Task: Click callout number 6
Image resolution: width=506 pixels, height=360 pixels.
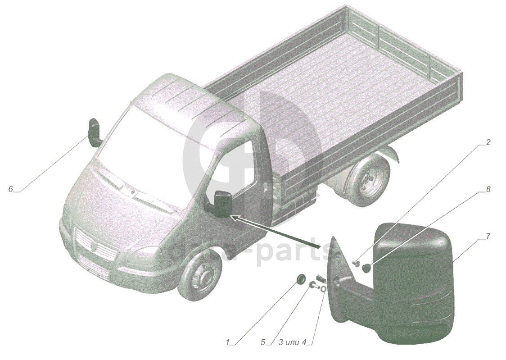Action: [x=10, y=189]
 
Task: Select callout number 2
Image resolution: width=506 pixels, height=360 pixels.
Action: [x=488, y=142]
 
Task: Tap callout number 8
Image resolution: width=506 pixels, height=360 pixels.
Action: [x=488, y=190]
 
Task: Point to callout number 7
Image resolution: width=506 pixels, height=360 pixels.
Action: [x=488, y=237]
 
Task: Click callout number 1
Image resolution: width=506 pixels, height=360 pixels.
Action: [x=228, y=342]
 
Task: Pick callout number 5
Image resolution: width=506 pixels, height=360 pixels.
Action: [x=263, y=342]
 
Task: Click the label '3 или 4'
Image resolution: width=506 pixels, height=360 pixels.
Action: [x=292, y=342]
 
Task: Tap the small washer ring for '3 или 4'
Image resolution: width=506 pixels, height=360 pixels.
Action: [x=323, y=287]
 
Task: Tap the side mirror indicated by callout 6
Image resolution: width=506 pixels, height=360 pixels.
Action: [x=94, y=132]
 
